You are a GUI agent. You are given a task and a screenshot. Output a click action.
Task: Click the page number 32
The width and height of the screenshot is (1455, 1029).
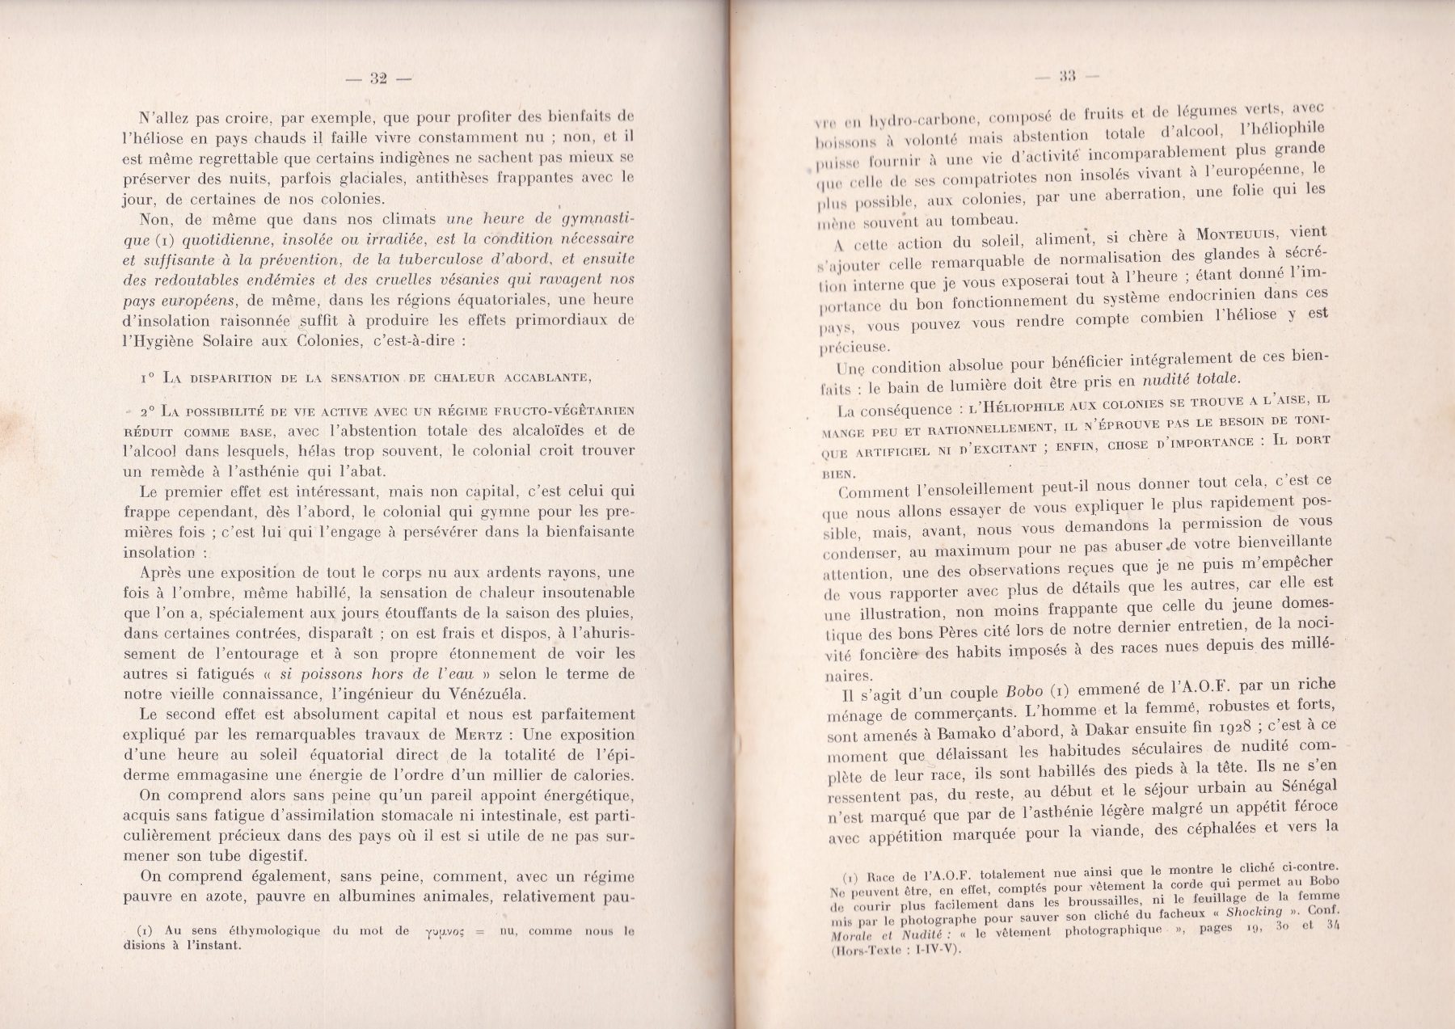pyautogui.click(x=378, y=78)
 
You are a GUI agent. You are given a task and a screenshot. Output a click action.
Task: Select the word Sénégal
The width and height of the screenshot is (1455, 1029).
pyautogui.click(x=1302, y=785)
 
